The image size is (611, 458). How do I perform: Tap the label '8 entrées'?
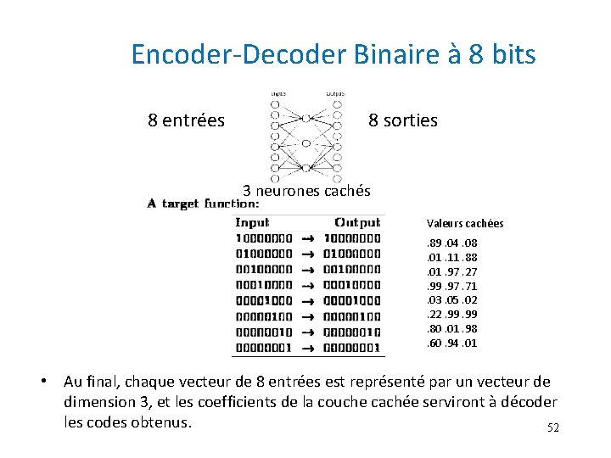186,120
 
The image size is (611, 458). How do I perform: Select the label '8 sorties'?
403,120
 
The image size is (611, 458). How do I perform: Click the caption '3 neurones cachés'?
306,191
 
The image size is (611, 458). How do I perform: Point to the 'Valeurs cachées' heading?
465,223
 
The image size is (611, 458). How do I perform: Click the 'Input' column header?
252,222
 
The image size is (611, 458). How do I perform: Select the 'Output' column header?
357,222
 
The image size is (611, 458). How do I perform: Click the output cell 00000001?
352,348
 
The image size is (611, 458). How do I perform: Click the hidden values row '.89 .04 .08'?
451,243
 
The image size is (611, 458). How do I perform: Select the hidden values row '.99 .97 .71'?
451,287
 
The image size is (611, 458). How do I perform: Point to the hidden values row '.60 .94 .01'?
451,343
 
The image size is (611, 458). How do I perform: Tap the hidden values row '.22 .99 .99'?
451,315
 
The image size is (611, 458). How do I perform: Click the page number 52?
553,428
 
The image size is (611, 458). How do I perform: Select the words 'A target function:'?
203,204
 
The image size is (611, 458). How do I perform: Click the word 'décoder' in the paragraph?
527,401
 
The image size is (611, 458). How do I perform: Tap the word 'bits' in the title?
512,54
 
